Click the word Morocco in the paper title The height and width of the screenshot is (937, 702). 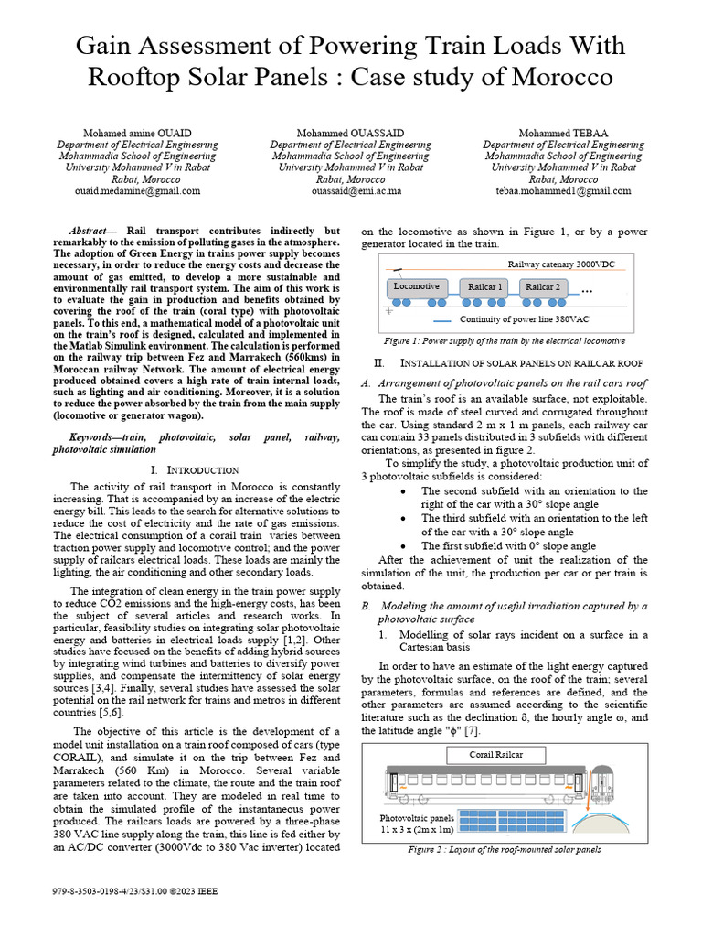pos(566,76)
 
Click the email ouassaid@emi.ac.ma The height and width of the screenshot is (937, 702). pos(350,191)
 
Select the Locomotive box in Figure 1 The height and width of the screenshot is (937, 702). pos(416,286)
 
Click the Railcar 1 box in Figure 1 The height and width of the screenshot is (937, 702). pos(485,286)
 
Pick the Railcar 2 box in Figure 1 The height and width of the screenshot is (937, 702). pos(545,286)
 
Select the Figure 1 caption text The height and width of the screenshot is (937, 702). pos(505,340)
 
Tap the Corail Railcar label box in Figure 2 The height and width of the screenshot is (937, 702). pos(496,729)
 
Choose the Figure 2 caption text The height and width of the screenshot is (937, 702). pos(505,850)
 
